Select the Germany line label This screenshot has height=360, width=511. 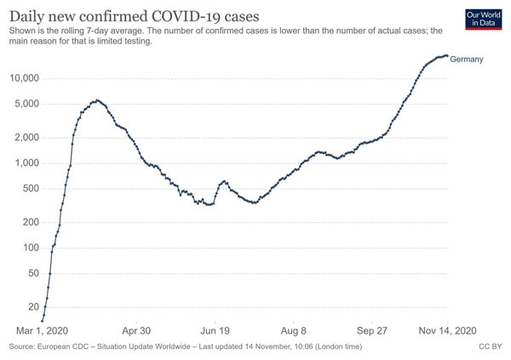coord(467,59)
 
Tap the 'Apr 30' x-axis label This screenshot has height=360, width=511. coord(136,331)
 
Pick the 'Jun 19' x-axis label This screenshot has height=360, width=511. coord(215,331)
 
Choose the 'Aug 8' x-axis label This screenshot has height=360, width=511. coord(294,331)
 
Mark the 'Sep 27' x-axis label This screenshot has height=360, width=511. coord(373,331)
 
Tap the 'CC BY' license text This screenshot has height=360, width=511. coord(490,347)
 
